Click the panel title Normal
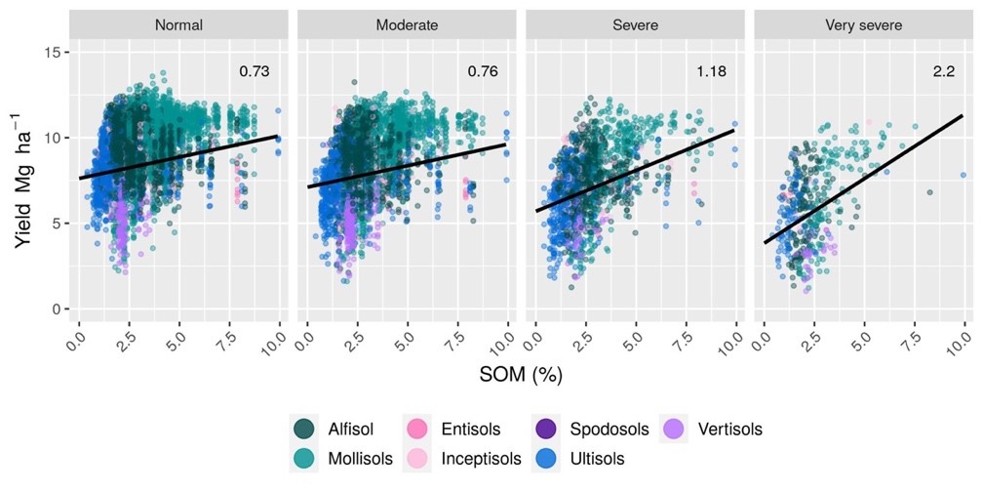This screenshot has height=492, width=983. pos(178,24)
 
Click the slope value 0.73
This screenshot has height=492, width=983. pos(255,70)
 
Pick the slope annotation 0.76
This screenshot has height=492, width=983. pos(483,70)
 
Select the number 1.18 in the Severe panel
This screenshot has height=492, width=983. pos(711,70)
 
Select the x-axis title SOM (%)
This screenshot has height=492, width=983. pos(522,374)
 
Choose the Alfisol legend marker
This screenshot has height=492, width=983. pos(302,429)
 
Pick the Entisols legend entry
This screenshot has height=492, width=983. pos(458,429)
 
